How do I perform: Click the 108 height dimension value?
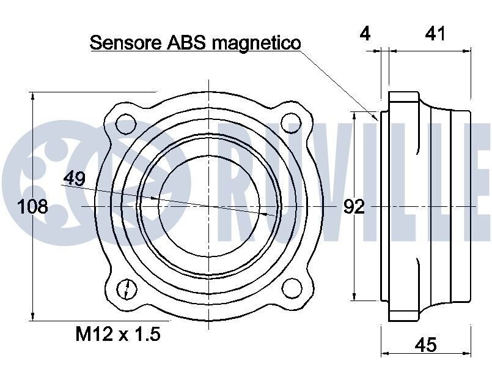tap(32, 207)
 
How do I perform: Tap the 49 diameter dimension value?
tap(75, 179)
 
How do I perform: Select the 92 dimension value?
tap(354, 207)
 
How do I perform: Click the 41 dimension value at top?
tap(435, 33)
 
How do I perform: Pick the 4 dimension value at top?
tap(365, 33)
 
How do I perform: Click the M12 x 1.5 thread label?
tap(118, 334)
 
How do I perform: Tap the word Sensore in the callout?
tap(125, 42)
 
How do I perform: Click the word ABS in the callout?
tap(186, 42)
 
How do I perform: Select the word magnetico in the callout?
tap(256, 43)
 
